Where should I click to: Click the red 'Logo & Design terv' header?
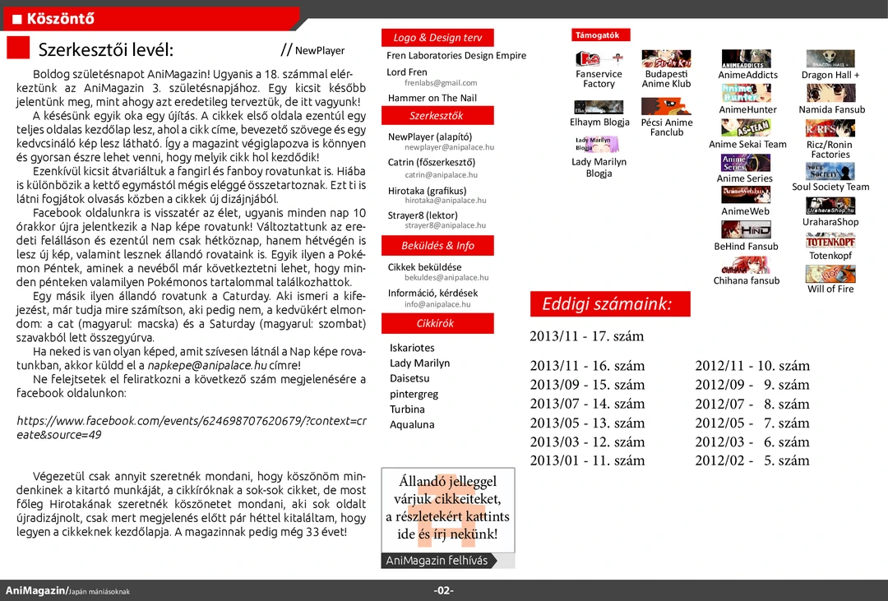coord(437,38)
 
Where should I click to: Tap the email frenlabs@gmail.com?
coord(441,83)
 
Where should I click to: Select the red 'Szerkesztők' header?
coord(437,116)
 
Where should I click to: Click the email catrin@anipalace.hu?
coord(441,175)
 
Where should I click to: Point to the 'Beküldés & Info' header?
coord(437,245)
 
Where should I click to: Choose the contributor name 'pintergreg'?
coord(414,394)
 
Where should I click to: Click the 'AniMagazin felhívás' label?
coord(437,561)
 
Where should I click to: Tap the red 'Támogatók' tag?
coord(602,35)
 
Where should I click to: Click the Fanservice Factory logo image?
coord(599,58)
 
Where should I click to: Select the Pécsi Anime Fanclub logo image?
coord(666,106)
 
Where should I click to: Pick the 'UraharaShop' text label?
coord(830,222)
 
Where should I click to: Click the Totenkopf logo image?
coord(830,241)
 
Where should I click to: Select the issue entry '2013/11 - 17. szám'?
coord(587,335)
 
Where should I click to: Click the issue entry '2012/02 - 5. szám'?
coord(752,460)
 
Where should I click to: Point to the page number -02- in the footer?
coord(444,590)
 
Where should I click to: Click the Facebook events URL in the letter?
coord(192,428)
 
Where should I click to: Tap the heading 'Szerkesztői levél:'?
coord(106,49)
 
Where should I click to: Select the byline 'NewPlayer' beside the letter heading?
coord(319,50)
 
